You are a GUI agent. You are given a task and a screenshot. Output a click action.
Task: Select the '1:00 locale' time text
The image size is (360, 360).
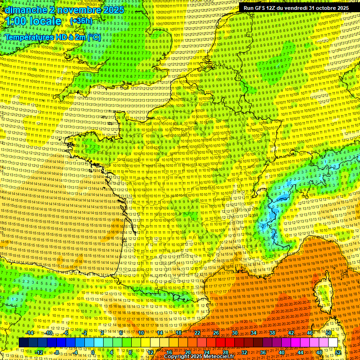click(x=33, y=21)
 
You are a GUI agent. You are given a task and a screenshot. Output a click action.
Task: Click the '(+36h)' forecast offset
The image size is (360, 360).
click(x=82, y=21)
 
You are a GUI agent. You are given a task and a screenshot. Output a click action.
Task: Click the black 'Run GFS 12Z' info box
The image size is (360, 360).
click(x=296, y=8)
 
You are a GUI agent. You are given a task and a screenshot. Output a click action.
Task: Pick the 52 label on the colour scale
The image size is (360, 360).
click(x=338, y=352)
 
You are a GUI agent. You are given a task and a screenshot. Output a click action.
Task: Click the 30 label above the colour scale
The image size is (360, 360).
click(x=235, y=333)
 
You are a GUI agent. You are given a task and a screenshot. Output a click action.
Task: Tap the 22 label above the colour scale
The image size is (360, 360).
click(x=197, y=333)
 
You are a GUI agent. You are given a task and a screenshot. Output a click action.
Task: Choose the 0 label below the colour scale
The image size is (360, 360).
click(x=93, y=352)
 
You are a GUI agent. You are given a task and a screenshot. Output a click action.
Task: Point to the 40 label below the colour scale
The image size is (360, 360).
click(x=281, y=352)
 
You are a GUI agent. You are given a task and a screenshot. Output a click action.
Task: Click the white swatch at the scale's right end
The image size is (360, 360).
click(x=333, y=343)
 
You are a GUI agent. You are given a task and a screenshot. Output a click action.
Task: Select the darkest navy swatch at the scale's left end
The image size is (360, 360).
click(x=23, y=343)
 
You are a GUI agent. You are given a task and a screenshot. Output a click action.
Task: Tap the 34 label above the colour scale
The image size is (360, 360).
click(x=254, y=333)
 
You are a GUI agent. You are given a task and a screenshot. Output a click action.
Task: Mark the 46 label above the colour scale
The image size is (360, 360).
click(x=310, y=333)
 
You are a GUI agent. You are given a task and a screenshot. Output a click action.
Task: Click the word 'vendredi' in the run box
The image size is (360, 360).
click(x=295, y=8)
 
